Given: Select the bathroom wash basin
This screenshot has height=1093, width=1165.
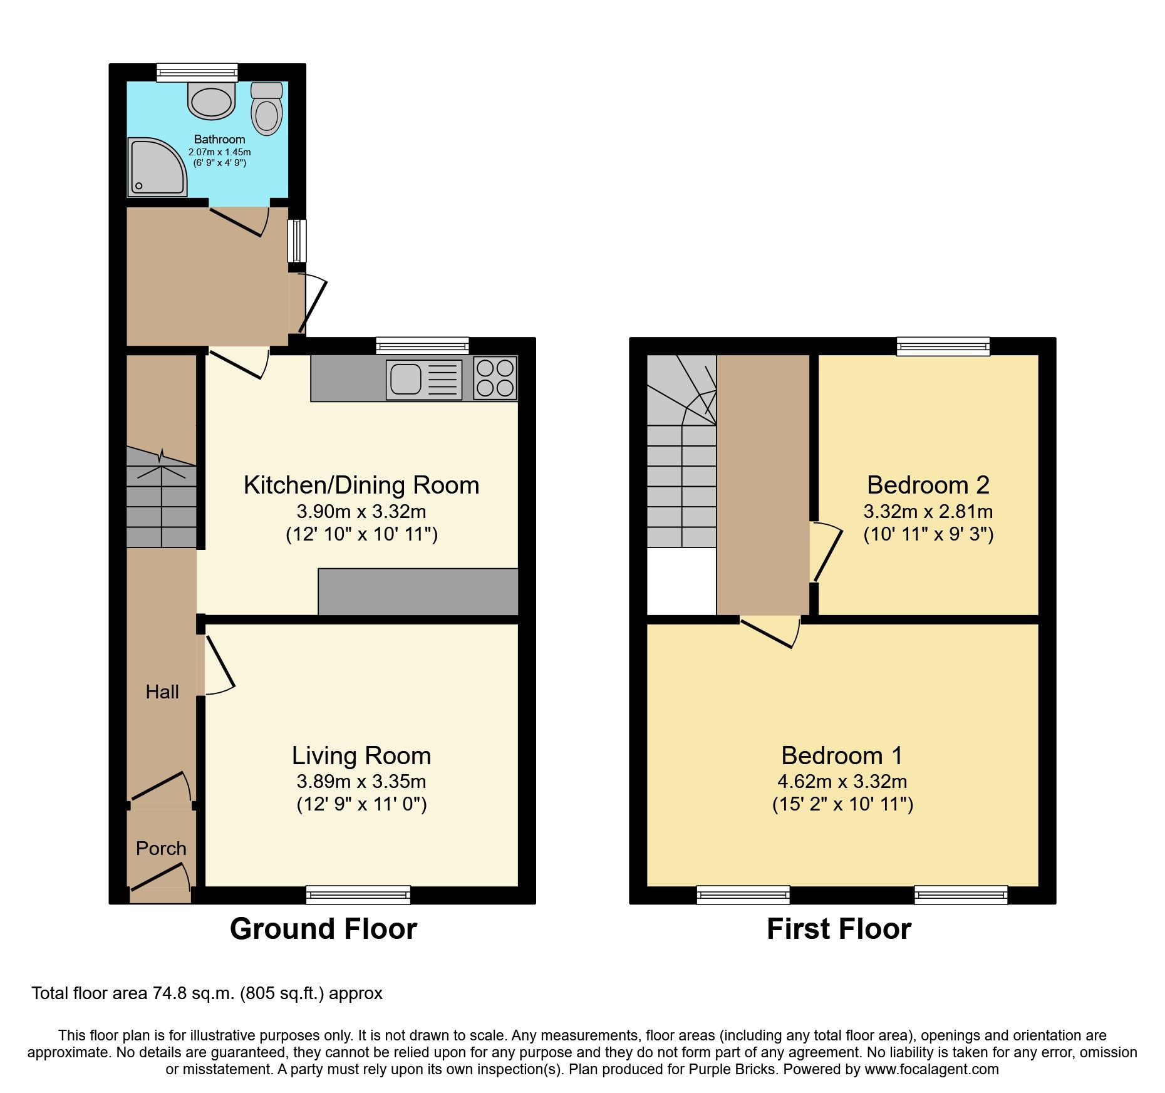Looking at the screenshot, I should point(212,101).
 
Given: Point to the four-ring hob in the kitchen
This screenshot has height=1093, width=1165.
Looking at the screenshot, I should point(495,378).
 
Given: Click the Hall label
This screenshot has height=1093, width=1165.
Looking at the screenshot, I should point(162,692).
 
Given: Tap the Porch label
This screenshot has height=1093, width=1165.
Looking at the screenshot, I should point(161,848).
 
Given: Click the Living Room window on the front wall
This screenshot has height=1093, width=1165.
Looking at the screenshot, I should point(358,894).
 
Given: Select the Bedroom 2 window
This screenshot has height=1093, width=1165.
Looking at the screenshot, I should point(943,346).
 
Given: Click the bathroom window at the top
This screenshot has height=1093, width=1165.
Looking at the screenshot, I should point(197,73).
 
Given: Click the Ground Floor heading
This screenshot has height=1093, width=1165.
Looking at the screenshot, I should point(323,928).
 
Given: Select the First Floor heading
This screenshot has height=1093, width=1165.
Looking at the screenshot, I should point(839,928).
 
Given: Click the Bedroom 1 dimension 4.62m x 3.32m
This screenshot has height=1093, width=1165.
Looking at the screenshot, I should point(842,781).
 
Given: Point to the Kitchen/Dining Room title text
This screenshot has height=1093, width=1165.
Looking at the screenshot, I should point(361,485).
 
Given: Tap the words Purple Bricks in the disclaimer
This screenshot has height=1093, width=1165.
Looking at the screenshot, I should point(732,1069).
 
